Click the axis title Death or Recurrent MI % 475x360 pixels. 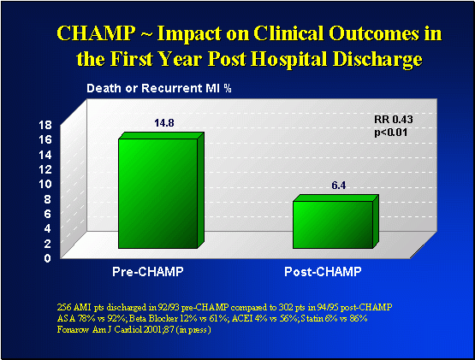(x=138, y=88)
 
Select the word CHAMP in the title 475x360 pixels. (x=90, y=33)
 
